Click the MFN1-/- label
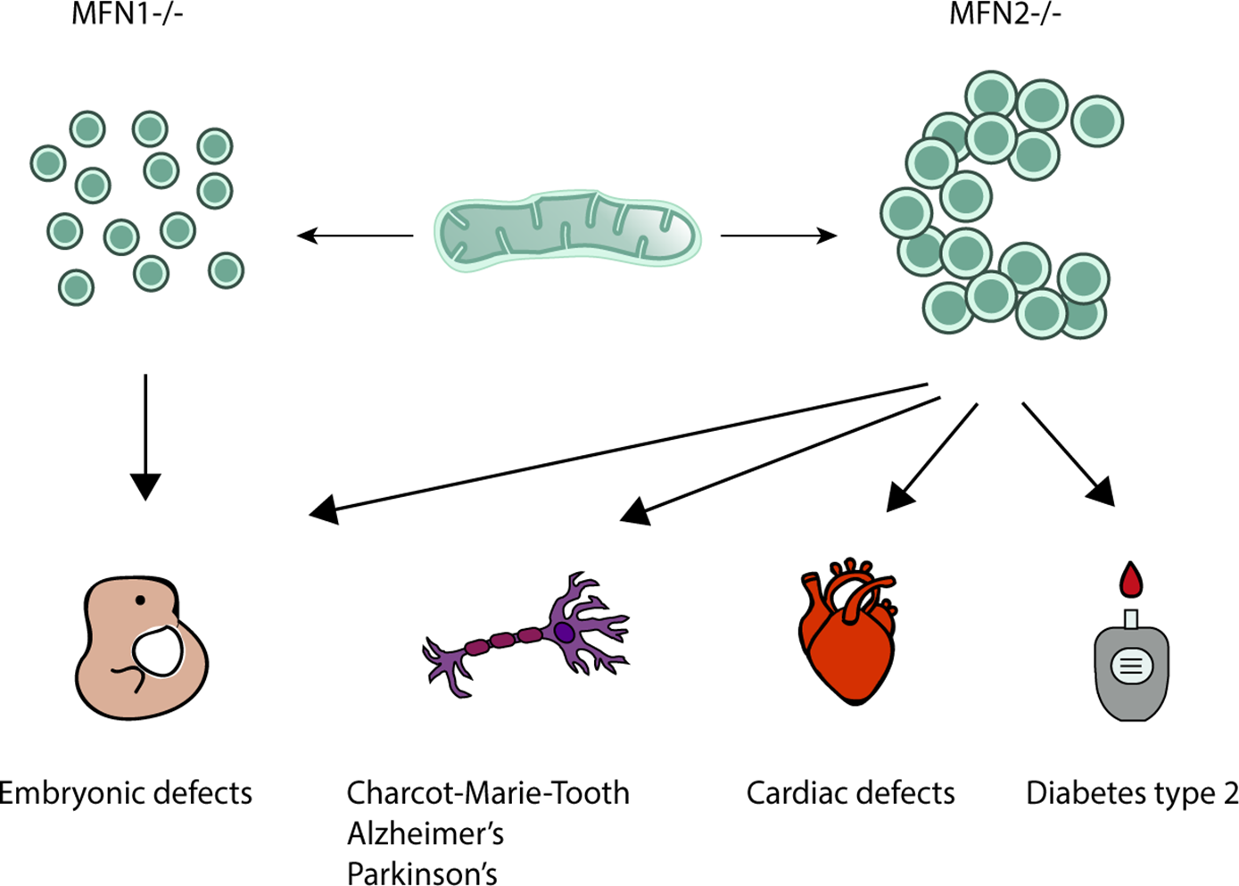pos(128,13)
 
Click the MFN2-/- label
pos(1005,13)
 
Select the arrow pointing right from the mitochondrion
pos(778,236)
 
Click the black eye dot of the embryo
pos(140,600)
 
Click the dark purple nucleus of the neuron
pos(564,633)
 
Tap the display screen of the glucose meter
pos(1131,666)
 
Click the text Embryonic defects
pos(125,793)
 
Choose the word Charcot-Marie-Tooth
pos(487,793)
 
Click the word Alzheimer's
pos(425,833)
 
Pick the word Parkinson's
pos(422,873)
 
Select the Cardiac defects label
pos(850,793)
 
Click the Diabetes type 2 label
pos(1131,793)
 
